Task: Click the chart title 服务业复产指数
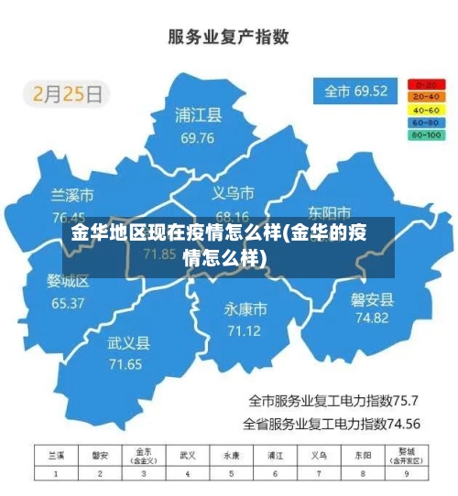pos(228,37)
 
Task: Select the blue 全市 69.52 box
pos(356,92)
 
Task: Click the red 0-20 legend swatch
pos(426,83)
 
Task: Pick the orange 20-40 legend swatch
pos(426,96)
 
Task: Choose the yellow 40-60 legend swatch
pos(426,109)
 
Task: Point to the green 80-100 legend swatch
pos(426,135)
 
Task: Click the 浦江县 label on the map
pos(199,116)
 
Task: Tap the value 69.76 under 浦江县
pos(198,138)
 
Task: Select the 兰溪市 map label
pos(71,196)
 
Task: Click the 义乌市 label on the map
pos(233,193)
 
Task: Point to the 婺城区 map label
pos(68,281)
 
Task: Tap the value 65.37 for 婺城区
pos(68,303)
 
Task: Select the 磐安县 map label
pos(372,298)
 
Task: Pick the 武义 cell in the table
pos(188,455)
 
